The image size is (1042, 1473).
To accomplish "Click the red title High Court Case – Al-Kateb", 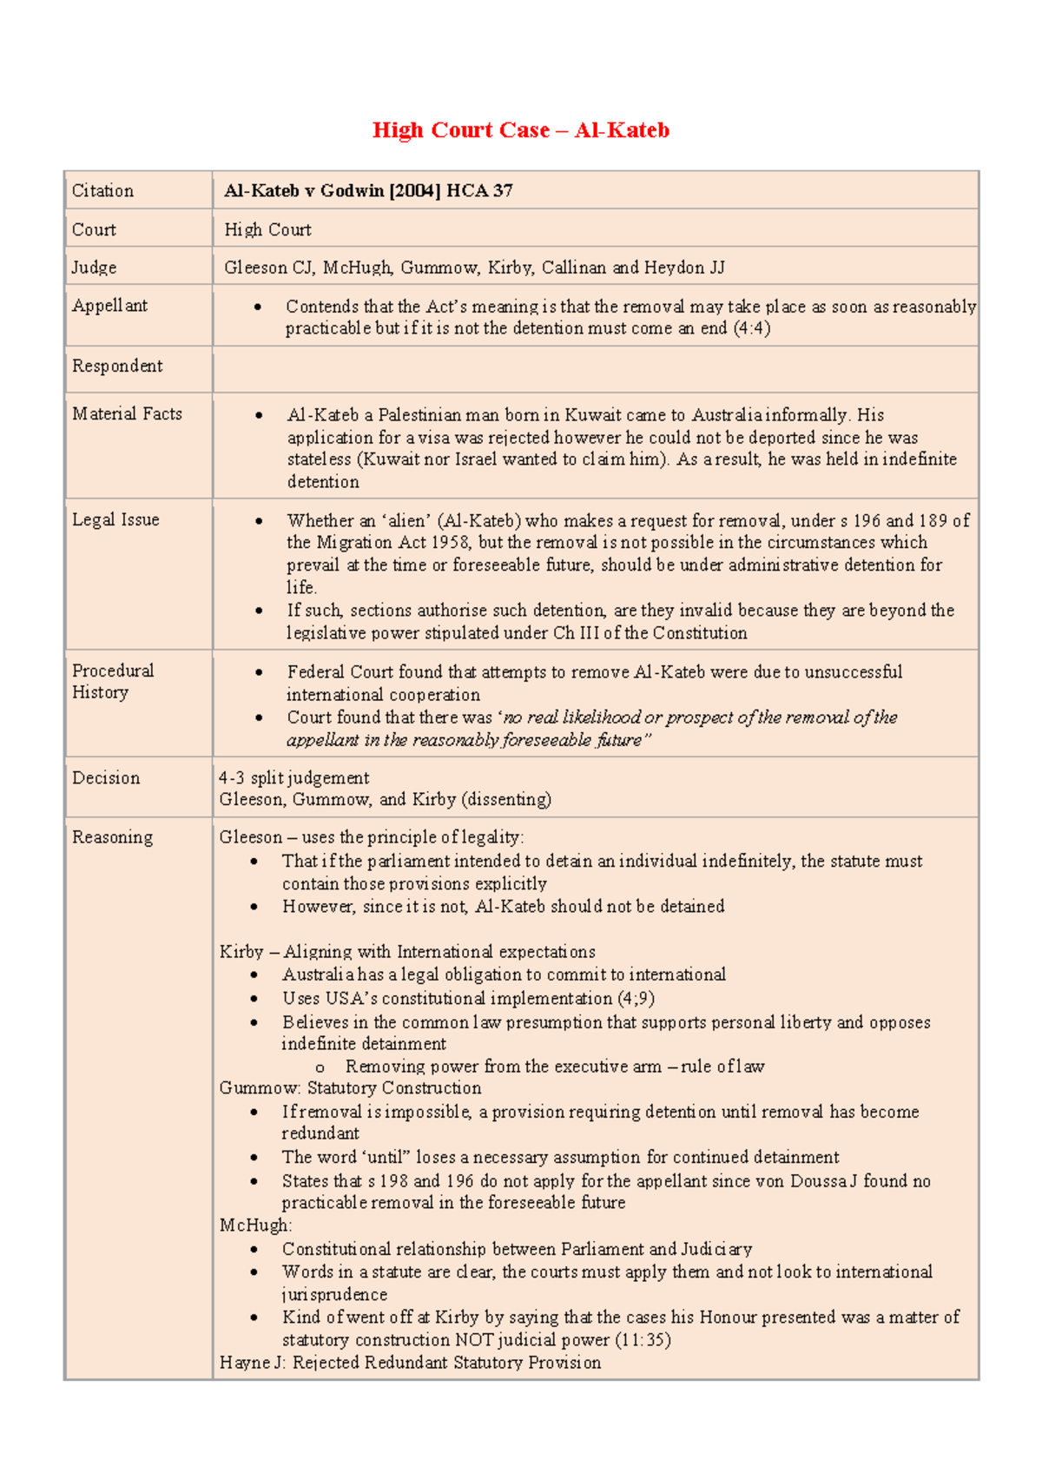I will coord(520,130).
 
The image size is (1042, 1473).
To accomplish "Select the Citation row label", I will coord(102,191).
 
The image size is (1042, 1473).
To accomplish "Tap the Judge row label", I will coord(94,268).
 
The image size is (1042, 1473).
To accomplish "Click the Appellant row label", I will coord(109,306).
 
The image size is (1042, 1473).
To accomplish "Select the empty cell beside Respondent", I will coord(595,369).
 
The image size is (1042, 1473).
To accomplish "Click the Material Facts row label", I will coord(127,414).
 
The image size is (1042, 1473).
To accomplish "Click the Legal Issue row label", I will coord(115,520).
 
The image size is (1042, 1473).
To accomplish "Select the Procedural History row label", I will coord(112,682).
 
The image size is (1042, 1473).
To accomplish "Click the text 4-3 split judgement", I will coord(293,778).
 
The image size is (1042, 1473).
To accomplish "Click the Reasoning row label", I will coord(112,837).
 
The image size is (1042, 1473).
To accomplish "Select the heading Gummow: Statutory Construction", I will coord(350,1088).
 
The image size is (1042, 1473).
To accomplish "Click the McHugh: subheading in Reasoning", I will coord(255,1225).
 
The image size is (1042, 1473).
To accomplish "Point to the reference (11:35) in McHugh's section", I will coord(643,1340).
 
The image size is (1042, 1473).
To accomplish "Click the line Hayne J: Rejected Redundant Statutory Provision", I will coord(410,1363).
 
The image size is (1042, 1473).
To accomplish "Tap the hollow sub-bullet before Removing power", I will coord(320,1067).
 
